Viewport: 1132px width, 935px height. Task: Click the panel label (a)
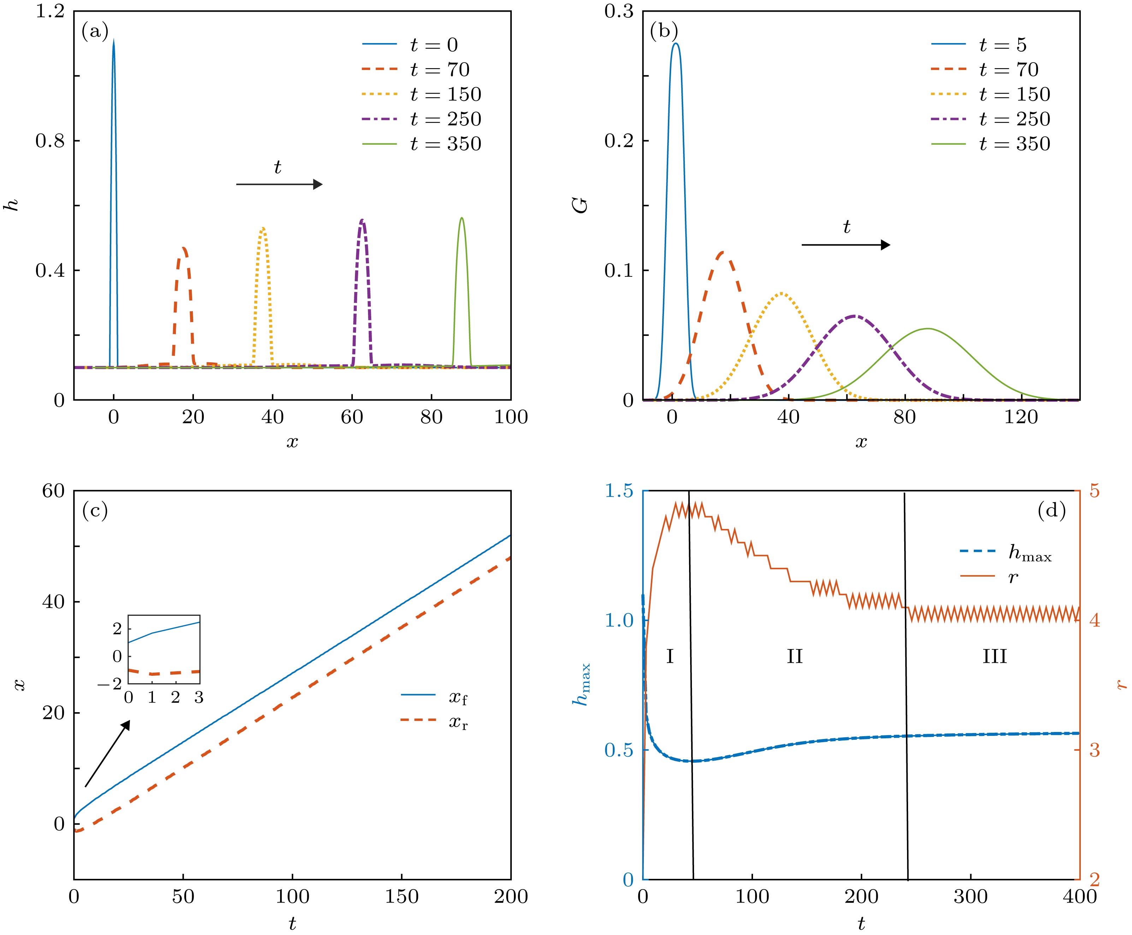tap(95, 32)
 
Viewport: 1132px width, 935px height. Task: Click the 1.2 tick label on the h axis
tap(49, 12)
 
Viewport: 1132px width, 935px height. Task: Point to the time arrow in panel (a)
tap(279, 185)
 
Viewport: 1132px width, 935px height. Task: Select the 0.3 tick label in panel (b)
tap(618, 12)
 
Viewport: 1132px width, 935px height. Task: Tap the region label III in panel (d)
tap(995, 656)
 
